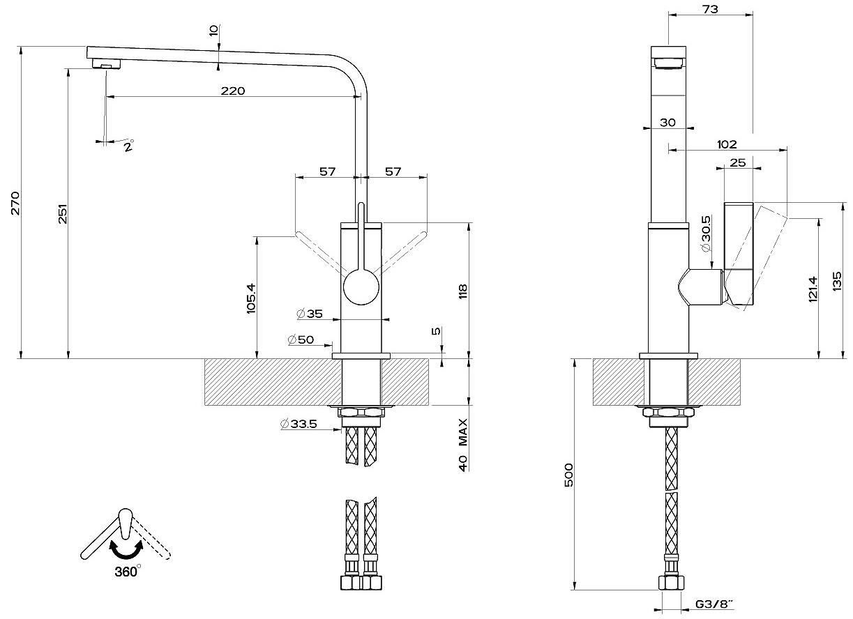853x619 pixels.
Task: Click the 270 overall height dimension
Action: point(15,204)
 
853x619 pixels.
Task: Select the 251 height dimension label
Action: point(63,214)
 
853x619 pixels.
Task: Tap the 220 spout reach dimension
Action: point(233,91)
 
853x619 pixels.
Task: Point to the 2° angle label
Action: point(129,146)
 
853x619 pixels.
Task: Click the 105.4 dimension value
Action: point(252,298)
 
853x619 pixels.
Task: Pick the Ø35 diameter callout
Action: point(310,314)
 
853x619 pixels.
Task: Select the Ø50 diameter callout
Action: point(301,339)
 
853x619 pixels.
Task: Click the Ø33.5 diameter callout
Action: point(299,424)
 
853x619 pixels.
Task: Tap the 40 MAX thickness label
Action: point(462,445)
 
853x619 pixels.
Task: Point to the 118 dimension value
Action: point(462,291)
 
